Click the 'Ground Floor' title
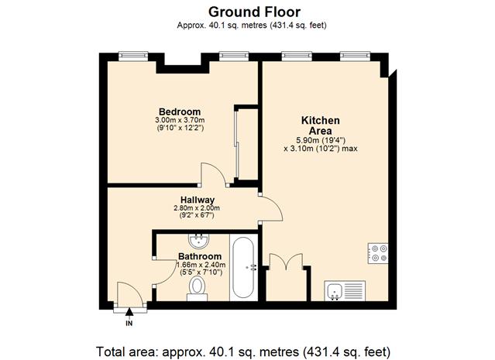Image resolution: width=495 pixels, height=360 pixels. click(x=254, y=12)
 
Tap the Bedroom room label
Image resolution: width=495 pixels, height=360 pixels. click(x=180, y=111)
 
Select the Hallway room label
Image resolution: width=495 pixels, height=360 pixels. click(x=198, y=200)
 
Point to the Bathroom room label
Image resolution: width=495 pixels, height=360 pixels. click(x=200, y=256)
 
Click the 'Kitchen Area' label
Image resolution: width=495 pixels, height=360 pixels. click(x=321, y=125)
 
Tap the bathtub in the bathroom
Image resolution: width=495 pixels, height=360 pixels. click(x=243, y=268)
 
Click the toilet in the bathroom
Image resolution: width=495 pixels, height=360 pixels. click(x=198, y=288)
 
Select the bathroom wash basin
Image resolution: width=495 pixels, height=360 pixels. click(x=198, y=241)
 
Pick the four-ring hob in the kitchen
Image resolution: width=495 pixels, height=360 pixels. click(x=378, y=253)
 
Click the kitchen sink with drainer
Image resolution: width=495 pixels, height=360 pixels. click(x=345, y=290)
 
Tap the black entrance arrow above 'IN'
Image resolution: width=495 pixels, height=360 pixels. click(x=129, y=312)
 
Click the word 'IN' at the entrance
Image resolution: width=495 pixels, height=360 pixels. click(x=129, y=324)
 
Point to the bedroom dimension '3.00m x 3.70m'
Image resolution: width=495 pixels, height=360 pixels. click(x=180, y=120)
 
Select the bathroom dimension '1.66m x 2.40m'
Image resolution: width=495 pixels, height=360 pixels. click(x=201, y=265)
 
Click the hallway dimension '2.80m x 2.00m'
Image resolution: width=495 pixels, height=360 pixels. click(x=197, y=208)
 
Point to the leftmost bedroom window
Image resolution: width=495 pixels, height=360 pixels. click(x=133, y=57)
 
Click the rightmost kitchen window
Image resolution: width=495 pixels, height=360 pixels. click(x=355, y=57)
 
